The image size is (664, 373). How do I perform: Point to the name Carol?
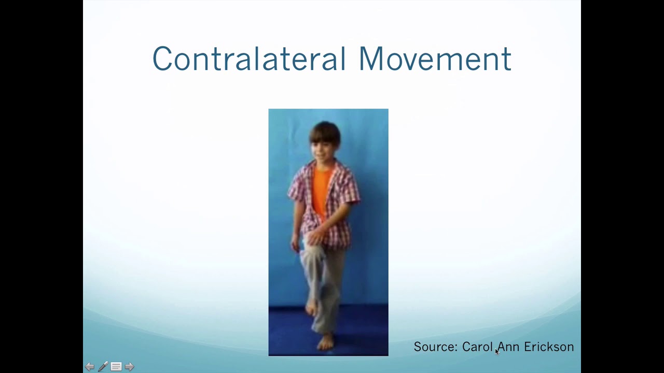(x=477, y=347)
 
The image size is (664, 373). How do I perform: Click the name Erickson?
(x=549, y=347)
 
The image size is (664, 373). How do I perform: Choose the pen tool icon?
(x=103, y=367)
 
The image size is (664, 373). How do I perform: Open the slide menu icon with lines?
(x=116, y=367)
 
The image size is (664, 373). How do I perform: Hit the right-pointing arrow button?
(x=130, y=367)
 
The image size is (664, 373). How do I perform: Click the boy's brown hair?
(x=325, y=132)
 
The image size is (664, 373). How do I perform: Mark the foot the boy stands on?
(x=326, y=341)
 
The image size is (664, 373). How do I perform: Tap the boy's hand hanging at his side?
(x=296, y=243)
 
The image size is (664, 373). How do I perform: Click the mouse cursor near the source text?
(x=496, y=352)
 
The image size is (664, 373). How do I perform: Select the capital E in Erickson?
(x=528, y=347)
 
